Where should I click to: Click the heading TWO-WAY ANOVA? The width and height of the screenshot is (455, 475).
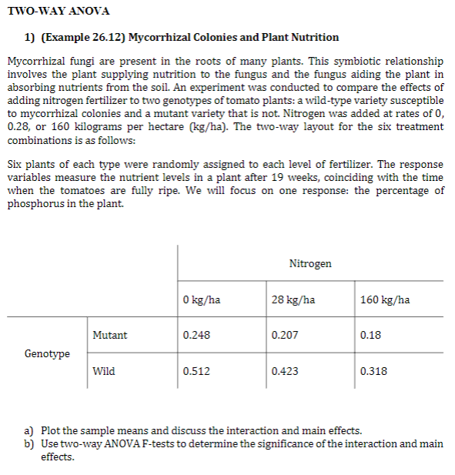[58, 11]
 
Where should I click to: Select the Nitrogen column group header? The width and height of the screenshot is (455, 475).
[310, 263]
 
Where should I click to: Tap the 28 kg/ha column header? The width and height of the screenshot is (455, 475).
[293, 299]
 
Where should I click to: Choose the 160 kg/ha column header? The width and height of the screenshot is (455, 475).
[384, 299]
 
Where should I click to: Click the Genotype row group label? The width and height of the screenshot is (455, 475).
[47, 353]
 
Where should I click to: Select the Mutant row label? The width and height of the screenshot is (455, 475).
[109, 336]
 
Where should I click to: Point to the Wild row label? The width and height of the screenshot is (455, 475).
[103, 371]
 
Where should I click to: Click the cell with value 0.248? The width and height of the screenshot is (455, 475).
[196, 336]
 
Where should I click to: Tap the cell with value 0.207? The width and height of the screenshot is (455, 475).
[285, 336]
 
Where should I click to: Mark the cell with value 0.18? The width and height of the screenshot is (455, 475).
[370, 336]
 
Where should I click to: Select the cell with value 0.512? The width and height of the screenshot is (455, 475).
[196, 371]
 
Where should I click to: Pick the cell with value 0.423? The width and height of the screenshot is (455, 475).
[285, 371]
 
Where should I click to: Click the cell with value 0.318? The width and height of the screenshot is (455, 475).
[373, 371]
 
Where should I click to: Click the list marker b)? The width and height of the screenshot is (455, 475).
[29, 443]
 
